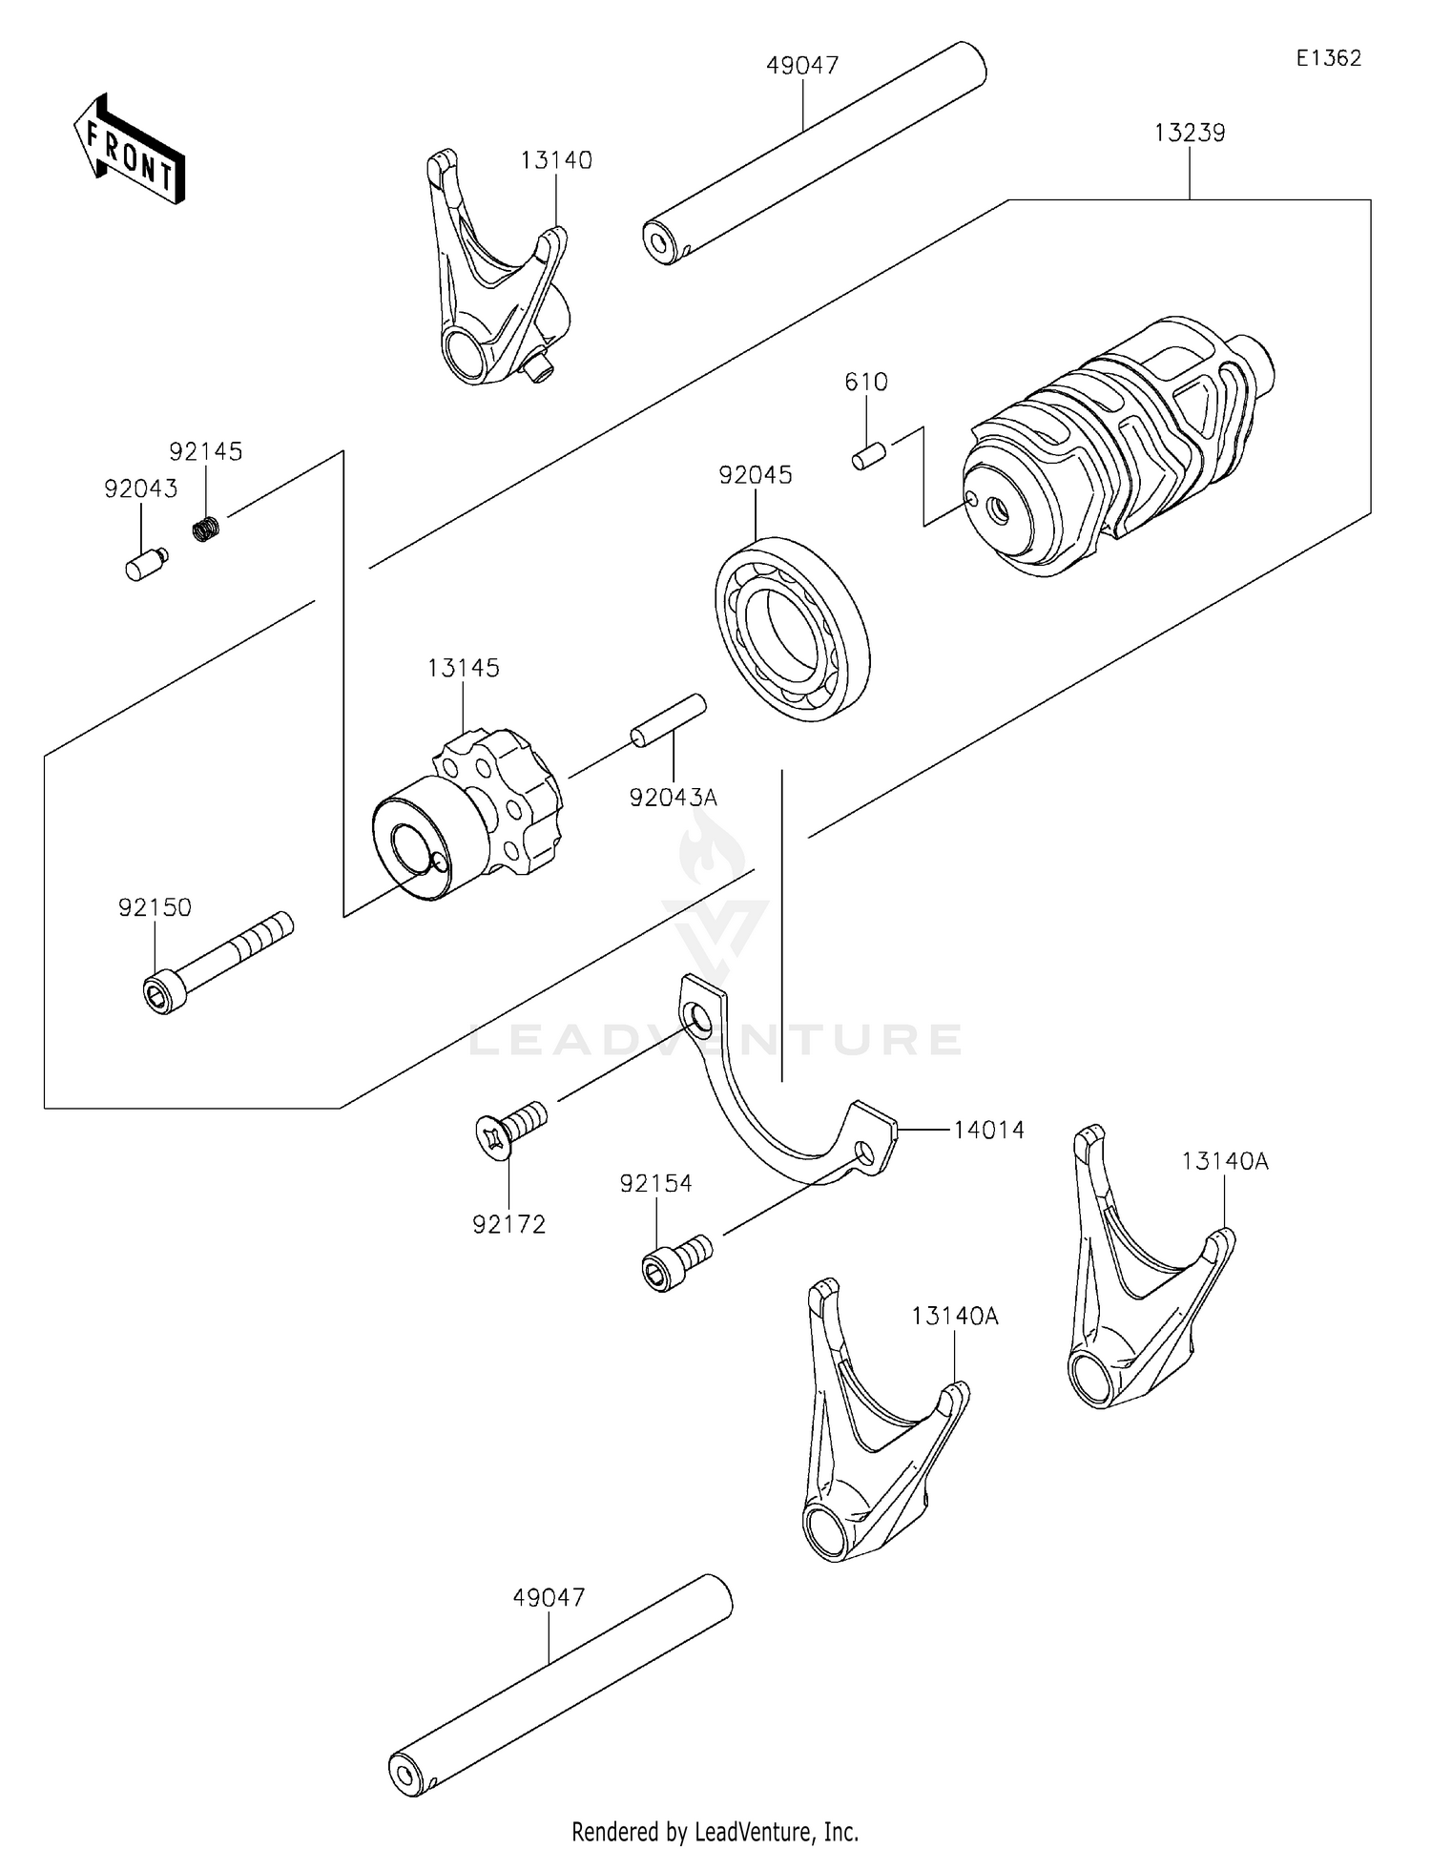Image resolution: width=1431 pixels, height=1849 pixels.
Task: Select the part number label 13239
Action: (x=1189, y=133)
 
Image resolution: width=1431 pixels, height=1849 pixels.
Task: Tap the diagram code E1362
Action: (x=1328, y=58)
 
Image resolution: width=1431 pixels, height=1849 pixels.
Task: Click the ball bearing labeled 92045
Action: (x=792, y=629)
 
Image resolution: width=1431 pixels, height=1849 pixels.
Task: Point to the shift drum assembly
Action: (x=1116, y=447)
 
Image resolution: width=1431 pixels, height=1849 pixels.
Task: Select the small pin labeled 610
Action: (x=869, y=456)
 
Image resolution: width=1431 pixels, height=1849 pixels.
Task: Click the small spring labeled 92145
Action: (x=206, y=527)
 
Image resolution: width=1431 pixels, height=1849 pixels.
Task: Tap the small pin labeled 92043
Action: (x=145, y=565)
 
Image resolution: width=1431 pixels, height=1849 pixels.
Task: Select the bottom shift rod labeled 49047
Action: (x=561, y=1685)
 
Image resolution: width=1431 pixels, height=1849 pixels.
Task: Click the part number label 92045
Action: (x=755, y=475)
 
